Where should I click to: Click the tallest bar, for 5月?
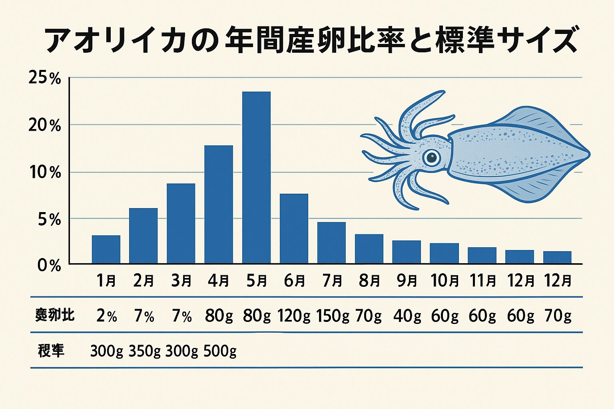(x=256, y=177)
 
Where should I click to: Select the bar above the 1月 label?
(x=106, y=249)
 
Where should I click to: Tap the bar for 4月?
(x=219, y=204)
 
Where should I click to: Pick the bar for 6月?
(x=294, y=228)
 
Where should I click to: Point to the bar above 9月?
(x=407, y=252)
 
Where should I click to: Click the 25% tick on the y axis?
(x=44, y=78)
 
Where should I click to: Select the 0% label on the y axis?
(x=49, y=266)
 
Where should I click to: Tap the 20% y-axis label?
(x=44, y=125)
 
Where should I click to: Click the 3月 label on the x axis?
(x=181, y=281)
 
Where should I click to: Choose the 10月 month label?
(x=445, y=281)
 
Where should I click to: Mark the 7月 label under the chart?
(x=332, y=281)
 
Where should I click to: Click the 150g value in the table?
(x=333, y=316)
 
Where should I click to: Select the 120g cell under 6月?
(x=294, y=316)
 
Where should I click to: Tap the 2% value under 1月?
(x=106, y=316)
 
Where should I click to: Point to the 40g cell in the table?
(x=407, y=316)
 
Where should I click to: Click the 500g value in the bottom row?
(x=220, y=351)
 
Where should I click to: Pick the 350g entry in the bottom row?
(x=144, y=351)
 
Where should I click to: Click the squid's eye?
(x=431, y=157)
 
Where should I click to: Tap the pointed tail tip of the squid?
(x=588, y=154)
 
